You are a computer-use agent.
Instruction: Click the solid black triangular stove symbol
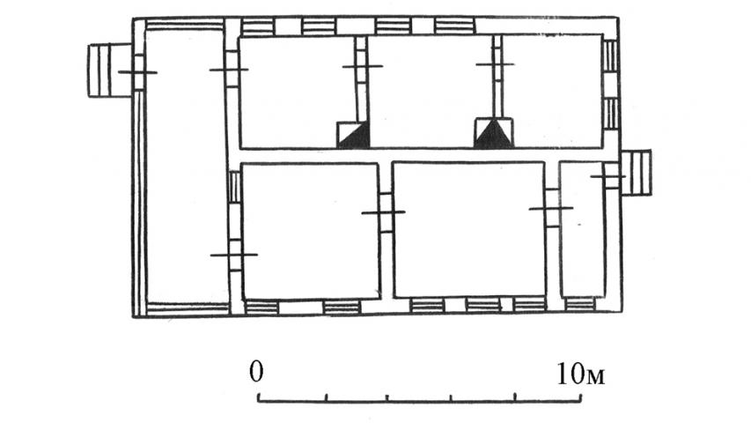click(x=493, y=134)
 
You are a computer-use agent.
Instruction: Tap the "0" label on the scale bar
click(x=256, y=371)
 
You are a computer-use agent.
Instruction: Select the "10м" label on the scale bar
click(x=580, y=374)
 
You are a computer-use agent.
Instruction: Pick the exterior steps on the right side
click(x=636, y=172)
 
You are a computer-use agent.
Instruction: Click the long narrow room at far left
click(x=186, y=167)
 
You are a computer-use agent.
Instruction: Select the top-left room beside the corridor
click(x=298, y=92)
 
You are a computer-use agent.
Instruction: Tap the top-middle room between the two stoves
click(x=431, y=90)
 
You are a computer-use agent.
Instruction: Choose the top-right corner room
click(x=552, y=90)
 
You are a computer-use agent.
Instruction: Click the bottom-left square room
click(x=311, y=231)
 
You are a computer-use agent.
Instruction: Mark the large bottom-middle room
click(x=469, y=230)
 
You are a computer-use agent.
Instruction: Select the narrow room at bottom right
click(x=583, y=229)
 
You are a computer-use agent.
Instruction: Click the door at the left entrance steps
click(x=138, y=72)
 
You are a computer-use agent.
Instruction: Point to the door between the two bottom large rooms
click(x=385, y=212)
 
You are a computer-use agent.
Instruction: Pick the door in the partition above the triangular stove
click(x=497, y=63)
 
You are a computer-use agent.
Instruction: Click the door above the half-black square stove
click(x=363, y=66)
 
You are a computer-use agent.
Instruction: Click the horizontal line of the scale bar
click(x=420, y=400)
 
